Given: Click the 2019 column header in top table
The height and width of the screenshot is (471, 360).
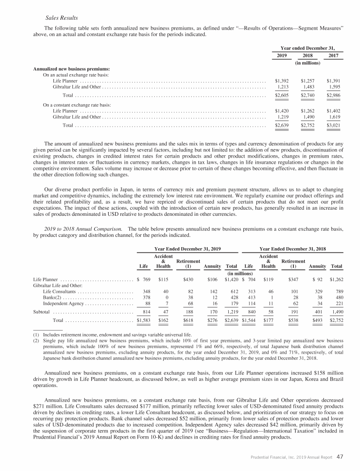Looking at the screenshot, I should point(281,55).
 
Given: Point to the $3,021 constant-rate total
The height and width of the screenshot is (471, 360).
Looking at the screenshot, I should point(333,126).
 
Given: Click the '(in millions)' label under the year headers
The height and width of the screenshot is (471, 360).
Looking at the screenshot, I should point(307,62).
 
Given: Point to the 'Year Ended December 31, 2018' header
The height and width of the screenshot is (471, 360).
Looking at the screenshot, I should point(293,248).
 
